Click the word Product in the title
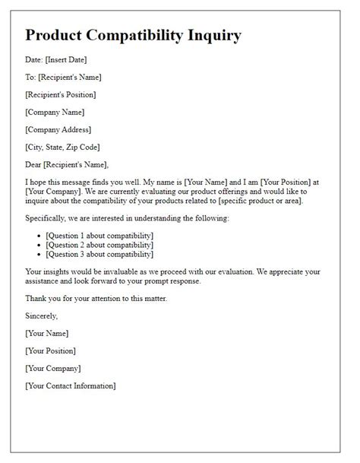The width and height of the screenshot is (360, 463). (x=58, y=36)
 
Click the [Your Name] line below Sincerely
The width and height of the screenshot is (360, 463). (x=47, y=333)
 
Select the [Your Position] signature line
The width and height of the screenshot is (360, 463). (x=51, y=350)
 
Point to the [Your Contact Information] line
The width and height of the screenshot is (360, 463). (x=71, y=385)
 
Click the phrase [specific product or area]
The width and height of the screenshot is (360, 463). (x=257, y=201)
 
